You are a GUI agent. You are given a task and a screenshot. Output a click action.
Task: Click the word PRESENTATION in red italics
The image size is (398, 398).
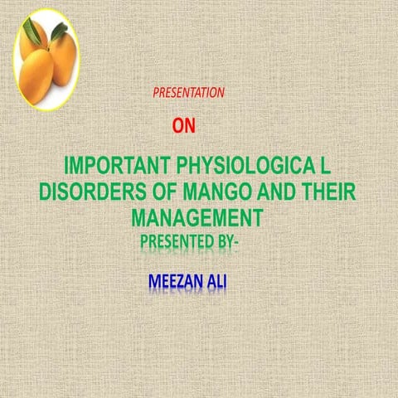coord(188,94)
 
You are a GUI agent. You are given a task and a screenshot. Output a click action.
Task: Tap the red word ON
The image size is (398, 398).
coord(184,126)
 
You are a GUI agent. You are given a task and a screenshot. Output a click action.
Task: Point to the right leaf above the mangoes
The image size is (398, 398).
coord(58,32)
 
